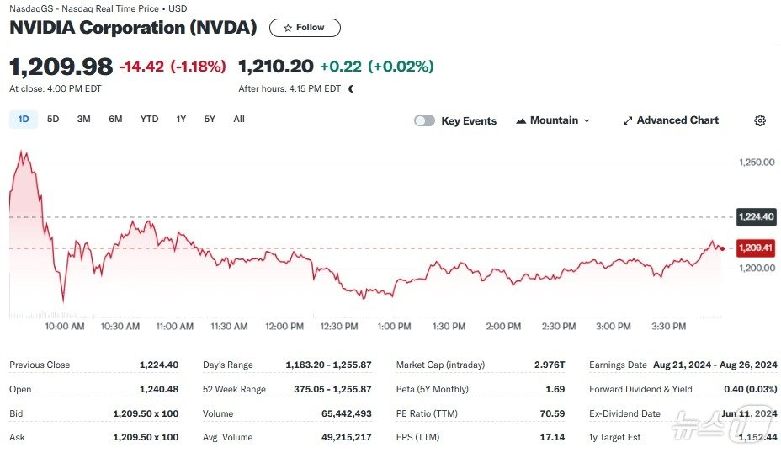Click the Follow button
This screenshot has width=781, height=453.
click(x=305, y=28)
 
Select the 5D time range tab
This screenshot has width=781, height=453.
click(x=53, y=120)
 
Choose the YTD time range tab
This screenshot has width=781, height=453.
click(x=149, y=120)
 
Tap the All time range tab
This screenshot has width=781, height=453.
click(x=239, y=120)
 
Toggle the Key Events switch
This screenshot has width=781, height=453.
click(x=424, y=120)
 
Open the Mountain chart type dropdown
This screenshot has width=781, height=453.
click(x=553, y=120)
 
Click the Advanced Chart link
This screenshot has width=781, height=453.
click(x=671, y=120)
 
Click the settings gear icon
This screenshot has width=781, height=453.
click(x=760, y=120)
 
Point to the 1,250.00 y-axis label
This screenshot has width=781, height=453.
click(x=756, y=162)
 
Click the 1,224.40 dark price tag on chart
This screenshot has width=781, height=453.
click(x=755, y=216)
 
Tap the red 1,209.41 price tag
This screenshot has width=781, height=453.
click(x=755, y=248)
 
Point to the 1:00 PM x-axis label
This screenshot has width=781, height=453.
click(x=394, y=326)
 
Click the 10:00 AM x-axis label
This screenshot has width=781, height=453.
click(x=65, y=326)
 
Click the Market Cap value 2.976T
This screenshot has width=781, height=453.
click(x=550, y=365)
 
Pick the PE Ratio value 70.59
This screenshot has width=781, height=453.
click(x=551, y=413)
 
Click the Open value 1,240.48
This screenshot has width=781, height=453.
click(x=159, y=389)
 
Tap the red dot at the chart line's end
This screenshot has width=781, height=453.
click(x=722, y=248)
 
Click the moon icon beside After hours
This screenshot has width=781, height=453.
click(x=351, y=88)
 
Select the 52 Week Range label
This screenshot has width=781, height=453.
click(x=234, y=389)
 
